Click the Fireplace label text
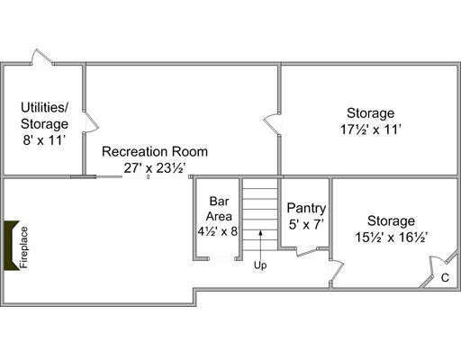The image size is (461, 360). tap(24, 247)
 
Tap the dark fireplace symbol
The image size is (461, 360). tap(10, 246)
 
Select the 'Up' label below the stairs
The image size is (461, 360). tap(260, 265)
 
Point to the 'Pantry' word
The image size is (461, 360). tap(306, 208)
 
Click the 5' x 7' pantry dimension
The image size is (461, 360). tap(306, 224)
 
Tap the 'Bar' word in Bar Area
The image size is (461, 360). tap(219, 202)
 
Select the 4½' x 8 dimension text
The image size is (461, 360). tap(218, 231)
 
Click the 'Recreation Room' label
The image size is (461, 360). tap(155, 151)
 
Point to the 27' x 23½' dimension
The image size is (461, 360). tap(155, 168)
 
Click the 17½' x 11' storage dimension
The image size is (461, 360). tap(371, 130)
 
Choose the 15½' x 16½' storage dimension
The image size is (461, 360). tap(392, 238)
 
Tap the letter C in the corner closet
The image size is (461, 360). tap(445, 278)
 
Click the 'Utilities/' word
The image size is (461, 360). tap(44, 107)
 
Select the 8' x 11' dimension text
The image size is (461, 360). tap(44, 140)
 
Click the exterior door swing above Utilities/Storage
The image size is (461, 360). tap(42, 56)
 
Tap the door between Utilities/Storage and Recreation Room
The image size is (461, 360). tap(91, 121)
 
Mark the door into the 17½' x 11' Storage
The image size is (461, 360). tap(272, 123)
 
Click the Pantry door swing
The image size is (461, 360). tap(307, 251)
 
